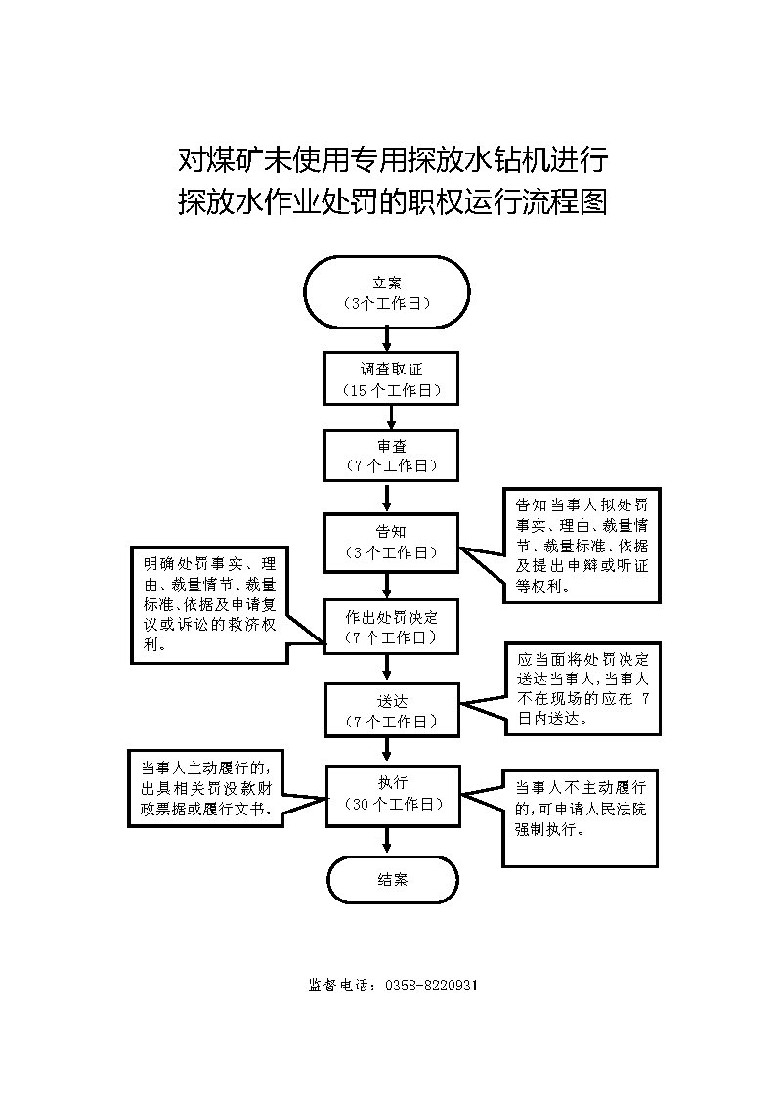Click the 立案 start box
[387, 292]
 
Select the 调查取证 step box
[391, 378]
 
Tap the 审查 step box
[391, 456]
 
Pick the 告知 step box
[391, 542]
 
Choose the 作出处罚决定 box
[391, 627]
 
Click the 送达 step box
[391, 711]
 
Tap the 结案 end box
[392, 879]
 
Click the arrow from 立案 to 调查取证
[388, 338]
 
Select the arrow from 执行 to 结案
[390, 839]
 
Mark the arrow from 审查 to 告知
[390, 497]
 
